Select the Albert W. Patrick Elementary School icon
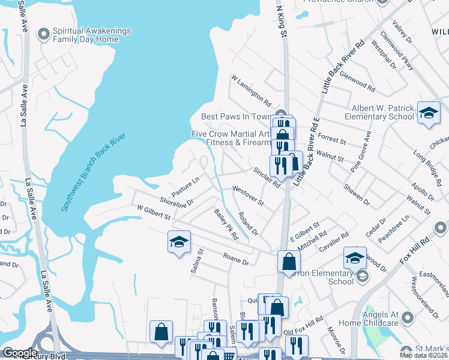428,112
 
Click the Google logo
19,353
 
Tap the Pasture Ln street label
185,187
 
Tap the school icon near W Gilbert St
179,242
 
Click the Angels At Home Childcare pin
407,317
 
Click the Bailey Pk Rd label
226,224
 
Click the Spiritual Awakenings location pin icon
43,35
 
